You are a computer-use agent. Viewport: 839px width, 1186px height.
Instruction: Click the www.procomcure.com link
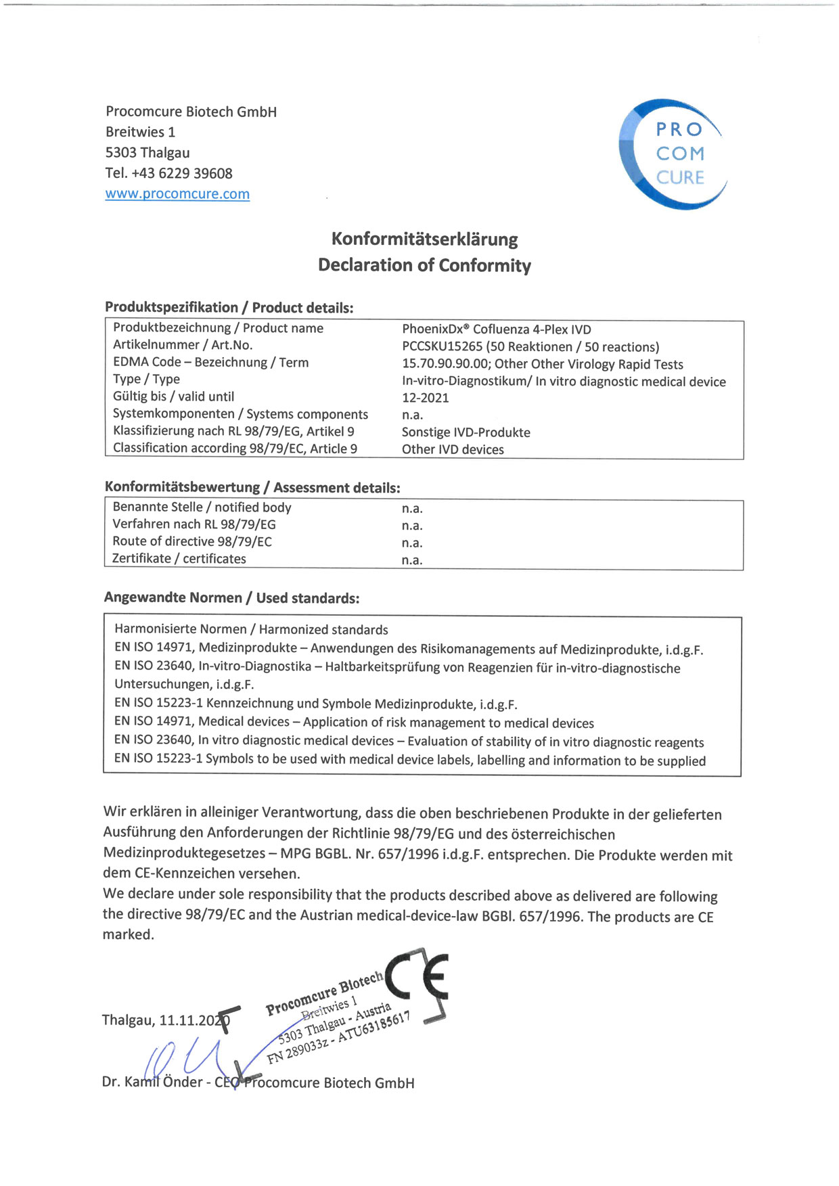click(177, 194)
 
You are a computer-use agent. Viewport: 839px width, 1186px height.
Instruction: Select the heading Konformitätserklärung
click(424, 240)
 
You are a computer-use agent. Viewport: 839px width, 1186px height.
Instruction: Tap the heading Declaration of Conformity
click(424, 265)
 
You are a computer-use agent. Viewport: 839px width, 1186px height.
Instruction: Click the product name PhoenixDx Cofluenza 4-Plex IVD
click(496, 329)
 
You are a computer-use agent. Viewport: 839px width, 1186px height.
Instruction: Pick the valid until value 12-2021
click(425, 398)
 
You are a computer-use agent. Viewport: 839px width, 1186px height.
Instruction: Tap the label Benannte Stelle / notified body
click(202, 507)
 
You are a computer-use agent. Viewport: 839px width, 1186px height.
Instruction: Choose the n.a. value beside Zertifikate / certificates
click(411, 560)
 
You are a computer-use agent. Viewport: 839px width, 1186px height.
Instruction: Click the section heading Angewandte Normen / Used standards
click(231, 598)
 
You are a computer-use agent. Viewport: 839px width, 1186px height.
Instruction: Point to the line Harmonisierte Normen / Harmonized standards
click(251, 630)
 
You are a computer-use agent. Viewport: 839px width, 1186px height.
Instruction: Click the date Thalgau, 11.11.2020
click(165, 1020)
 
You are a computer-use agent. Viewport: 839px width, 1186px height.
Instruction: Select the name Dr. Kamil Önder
click(152, 1082)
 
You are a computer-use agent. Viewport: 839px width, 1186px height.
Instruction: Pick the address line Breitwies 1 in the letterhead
click(140, 132)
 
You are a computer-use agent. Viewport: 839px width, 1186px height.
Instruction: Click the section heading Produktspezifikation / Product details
click(229, 308)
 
